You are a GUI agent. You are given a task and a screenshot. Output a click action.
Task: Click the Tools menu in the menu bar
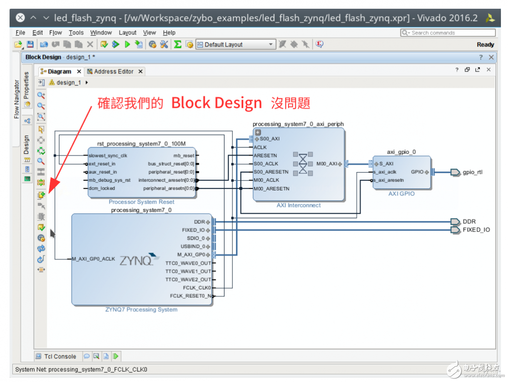click(x=76, y=32)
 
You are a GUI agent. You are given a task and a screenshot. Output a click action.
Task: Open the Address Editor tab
click(x=113, y=72)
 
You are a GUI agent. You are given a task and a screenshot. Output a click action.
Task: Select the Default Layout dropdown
click(x=235, y=45)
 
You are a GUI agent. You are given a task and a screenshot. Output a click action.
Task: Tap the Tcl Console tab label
click(x=60, y=356)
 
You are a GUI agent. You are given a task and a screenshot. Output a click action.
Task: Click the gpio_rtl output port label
click(x=472, y=172)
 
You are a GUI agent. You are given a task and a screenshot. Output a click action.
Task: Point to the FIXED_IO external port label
click(x=476, y=230)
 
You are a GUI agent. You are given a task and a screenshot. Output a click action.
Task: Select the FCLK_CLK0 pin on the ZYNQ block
click(x=197, y=288)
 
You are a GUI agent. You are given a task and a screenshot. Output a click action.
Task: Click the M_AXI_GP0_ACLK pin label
click(x=93, y=259)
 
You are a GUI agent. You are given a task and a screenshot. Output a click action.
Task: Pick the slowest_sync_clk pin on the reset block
click(x=107, y=155)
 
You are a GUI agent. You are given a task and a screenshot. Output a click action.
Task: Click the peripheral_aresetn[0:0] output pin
click(x=169, y=188)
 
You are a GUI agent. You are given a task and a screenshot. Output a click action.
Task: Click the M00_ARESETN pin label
click(x=271, y=189)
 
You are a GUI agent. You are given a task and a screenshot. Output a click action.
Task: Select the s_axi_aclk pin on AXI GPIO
click(x=385, y=172)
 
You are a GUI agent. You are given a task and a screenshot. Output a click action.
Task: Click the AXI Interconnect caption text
click(x=299, y=205)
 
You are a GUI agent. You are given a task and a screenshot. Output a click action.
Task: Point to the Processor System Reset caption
click(x=141, y=202)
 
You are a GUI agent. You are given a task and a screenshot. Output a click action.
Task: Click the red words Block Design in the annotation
click(x=217, y=103)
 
